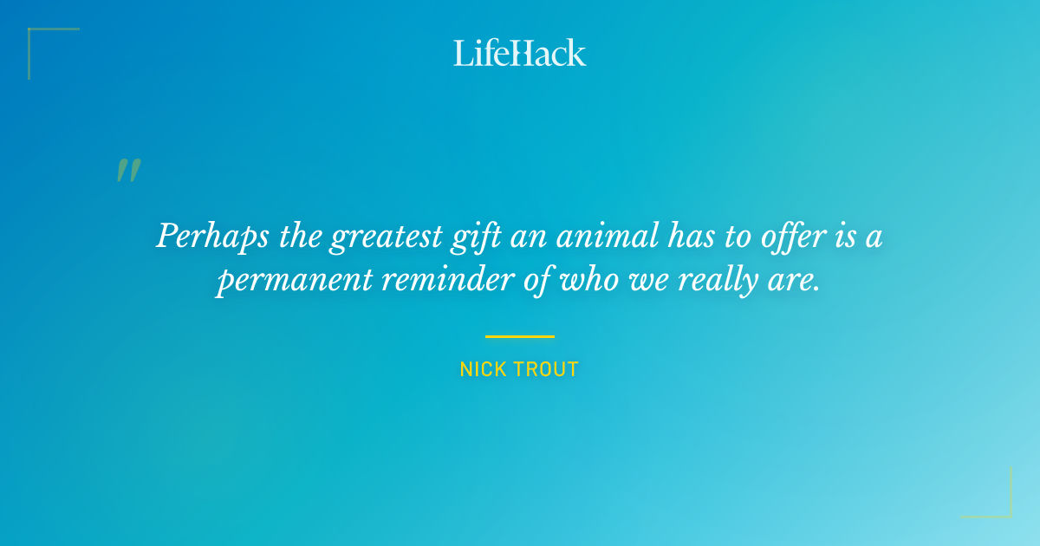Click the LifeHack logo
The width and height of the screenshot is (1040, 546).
[x=520, y=53]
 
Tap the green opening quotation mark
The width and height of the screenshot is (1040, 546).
[x=128, y=171]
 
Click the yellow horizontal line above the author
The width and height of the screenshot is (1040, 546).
[x=520, y=336]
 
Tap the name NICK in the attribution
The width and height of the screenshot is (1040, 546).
[x=484, y=370]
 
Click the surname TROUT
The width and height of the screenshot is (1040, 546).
[x=549, y=370]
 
